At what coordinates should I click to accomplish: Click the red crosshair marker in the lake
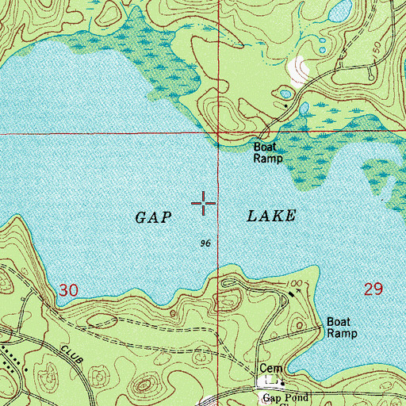(x=204, y=205)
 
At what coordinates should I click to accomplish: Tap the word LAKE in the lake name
(x=270, y=216)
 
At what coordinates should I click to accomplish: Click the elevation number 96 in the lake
(x=205, y=243)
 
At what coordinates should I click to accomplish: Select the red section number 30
(x=68, y=291)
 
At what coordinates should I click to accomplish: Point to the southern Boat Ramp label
(x=342, y=328)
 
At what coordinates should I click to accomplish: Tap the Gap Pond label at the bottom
(x=282, y=396)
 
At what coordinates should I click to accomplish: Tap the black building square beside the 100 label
(x=289, y=292)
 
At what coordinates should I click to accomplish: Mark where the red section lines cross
(x=219, y=133)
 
